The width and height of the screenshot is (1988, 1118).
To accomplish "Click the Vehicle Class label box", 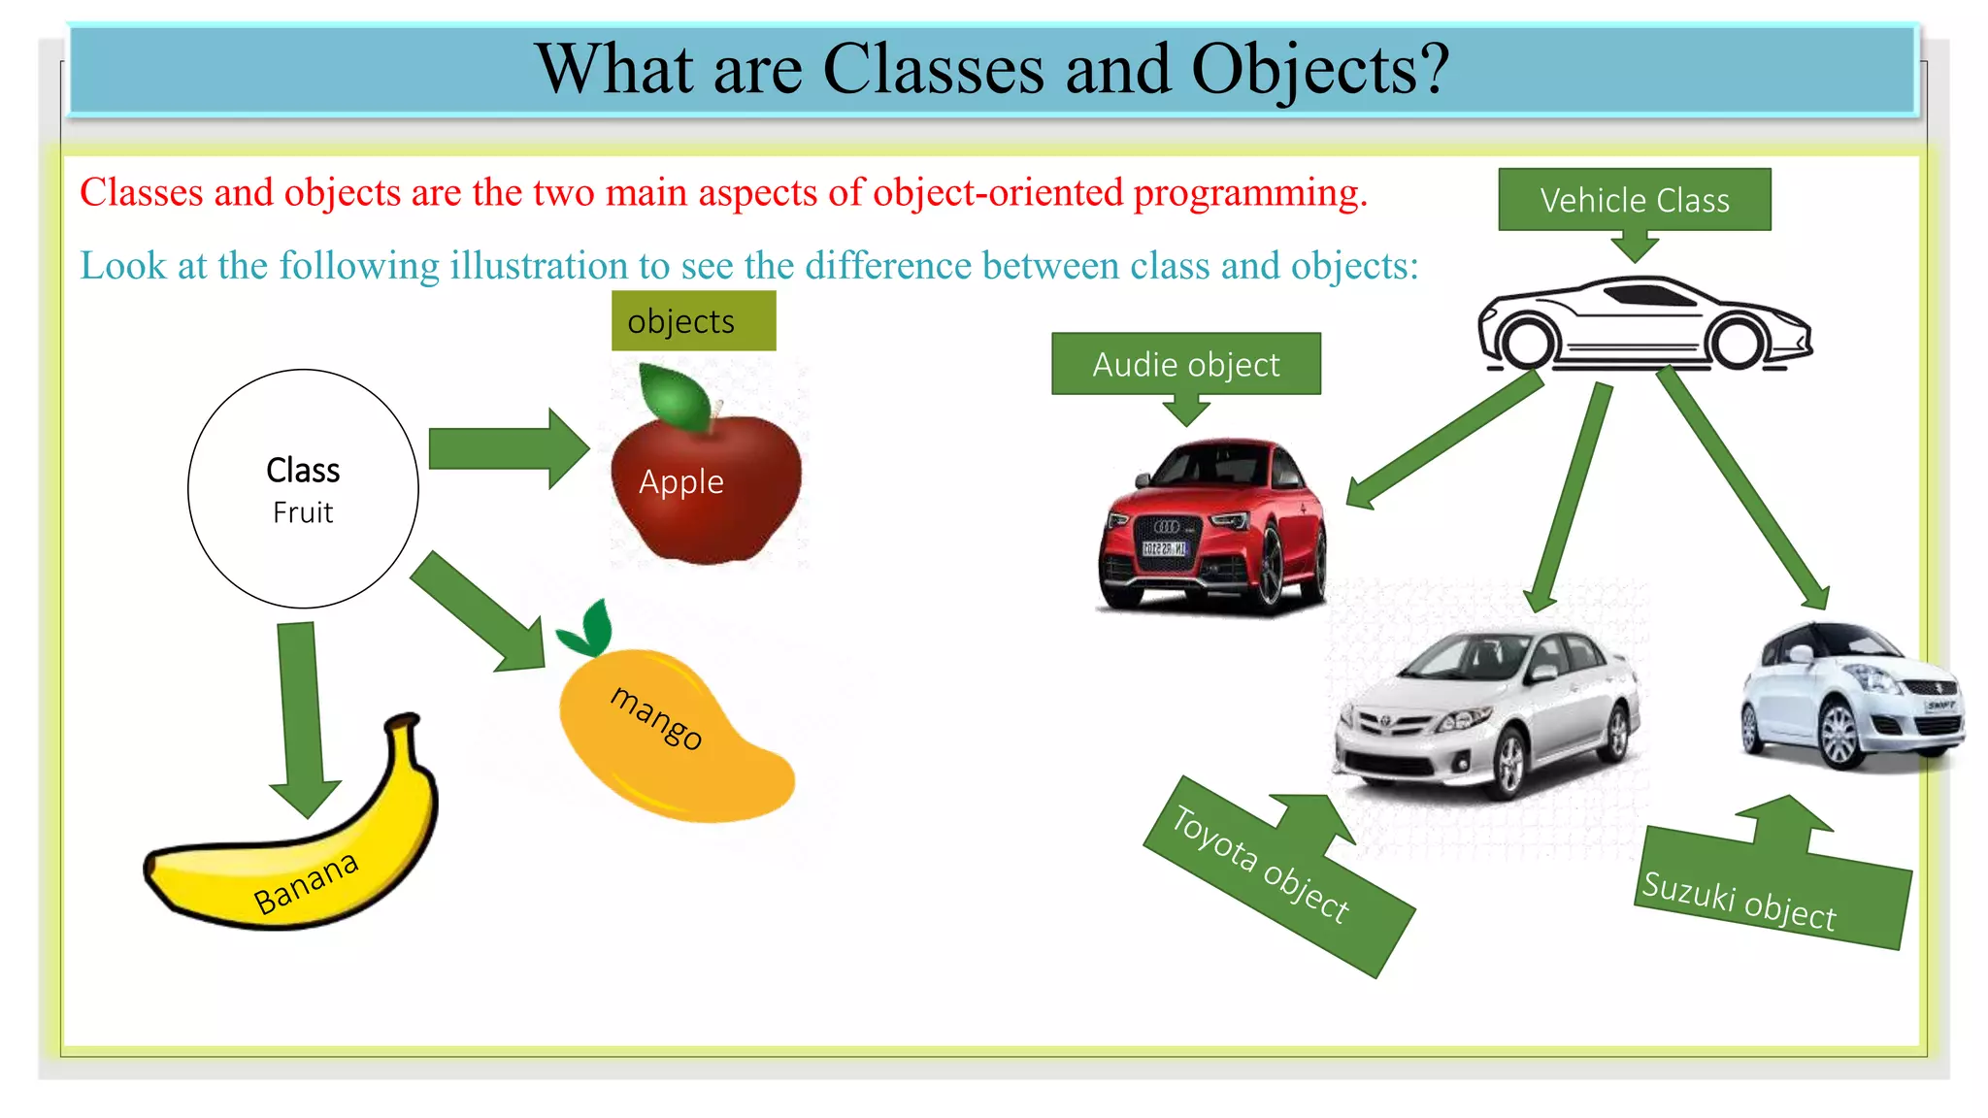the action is pos(1635,200).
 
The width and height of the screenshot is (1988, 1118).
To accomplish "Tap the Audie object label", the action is pos(1185,364).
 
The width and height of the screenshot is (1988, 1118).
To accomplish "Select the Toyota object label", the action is pos(1262,864).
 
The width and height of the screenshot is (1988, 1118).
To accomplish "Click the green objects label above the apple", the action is pos(693,321).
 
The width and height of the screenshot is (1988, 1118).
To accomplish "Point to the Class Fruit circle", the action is pos(303,489).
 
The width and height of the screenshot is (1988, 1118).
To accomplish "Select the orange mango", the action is pos(670,738).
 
